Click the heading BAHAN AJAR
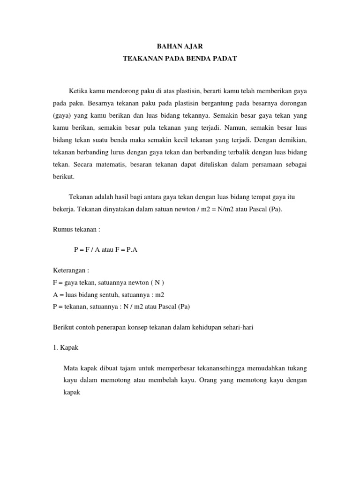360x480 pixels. [180, 46]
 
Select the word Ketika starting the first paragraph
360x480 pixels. [78, 90]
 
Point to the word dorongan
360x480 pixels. [292, 102]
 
